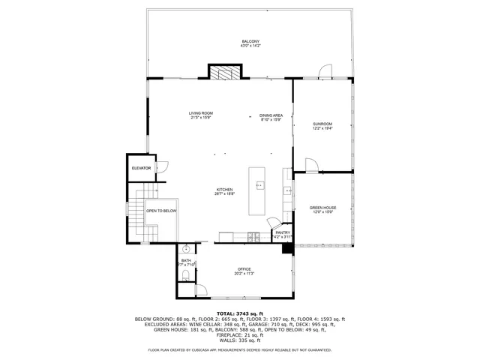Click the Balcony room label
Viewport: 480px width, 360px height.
250,40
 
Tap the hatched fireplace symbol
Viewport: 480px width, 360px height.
226,73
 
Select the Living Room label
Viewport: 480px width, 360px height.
201,113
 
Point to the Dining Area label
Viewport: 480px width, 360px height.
271,115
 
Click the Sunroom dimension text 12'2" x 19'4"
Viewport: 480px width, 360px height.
322,128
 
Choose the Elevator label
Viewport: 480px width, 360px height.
141,168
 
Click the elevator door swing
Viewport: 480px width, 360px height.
162,168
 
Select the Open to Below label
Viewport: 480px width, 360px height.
161,211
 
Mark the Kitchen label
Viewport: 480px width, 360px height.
225,189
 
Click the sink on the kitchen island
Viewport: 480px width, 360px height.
260,184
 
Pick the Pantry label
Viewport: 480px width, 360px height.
282,232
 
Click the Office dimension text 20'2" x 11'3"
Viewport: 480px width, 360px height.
244,274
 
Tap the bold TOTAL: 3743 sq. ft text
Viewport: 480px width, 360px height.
239,313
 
